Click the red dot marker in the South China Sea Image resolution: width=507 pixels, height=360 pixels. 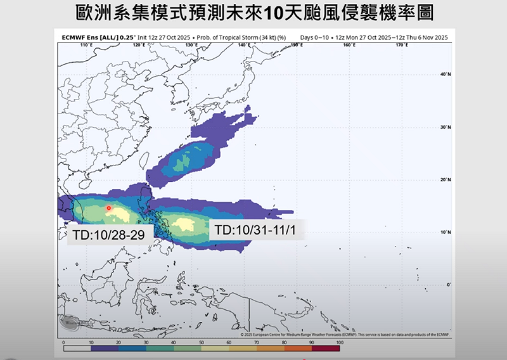(x=108, y=208)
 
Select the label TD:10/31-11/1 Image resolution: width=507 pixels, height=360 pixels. (x=256, y=229)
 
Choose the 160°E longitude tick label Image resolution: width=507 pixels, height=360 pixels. (x=348, y=46)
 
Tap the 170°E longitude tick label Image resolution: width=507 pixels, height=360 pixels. (x=401, y=46)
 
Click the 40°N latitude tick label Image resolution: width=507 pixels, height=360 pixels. (x=445, y=74)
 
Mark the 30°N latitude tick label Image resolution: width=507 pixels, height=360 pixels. (x=445, y=127)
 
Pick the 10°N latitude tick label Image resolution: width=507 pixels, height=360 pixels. (x=445, y=233)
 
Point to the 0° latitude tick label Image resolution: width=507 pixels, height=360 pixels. (x=447, y=285)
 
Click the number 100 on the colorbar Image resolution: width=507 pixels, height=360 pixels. (x=340, y=343)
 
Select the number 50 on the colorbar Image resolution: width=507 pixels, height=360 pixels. (x=202, y=343)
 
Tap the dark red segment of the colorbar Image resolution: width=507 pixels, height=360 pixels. (x=326, y=349)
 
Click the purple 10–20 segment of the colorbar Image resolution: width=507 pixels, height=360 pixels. (x=105, y=349)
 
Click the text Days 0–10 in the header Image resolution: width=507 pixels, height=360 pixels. (x=315, y=38)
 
